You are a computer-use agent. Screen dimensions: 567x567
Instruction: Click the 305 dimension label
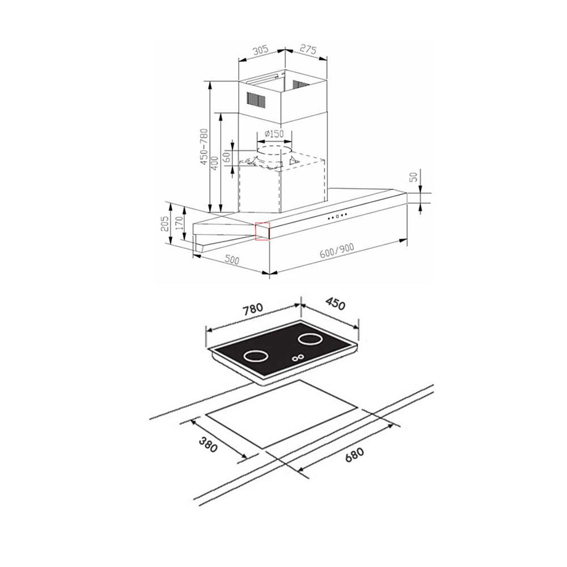[260, 49]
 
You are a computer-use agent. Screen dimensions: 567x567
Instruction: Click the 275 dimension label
[308, 49]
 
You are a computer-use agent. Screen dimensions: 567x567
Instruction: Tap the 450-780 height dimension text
[204, 147]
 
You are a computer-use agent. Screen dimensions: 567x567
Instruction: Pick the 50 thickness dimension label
[414, 176]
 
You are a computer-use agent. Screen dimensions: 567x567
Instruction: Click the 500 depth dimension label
[232, 259]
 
